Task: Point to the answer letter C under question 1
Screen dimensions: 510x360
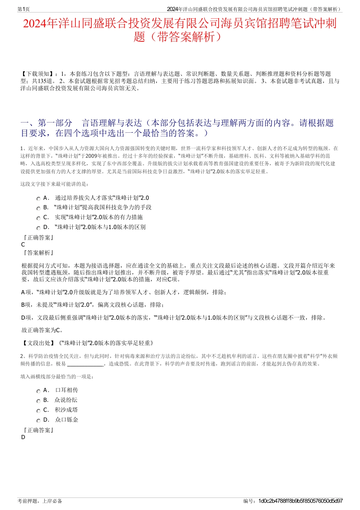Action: click(23, 245)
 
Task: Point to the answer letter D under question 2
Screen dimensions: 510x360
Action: click(23, 437)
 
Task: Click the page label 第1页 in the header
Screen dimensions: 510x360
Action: click(23, 9)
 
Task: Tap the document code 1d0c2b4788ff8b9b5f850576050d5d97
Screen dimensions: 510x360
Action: click(300, 501)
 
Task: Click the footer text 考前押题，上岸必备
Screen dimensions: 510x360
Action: click(40, 501)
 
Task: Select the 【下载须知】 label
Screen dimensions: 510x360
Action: click(38, 74)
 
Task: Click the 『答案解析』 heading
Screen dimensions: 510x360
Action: click(38, 253)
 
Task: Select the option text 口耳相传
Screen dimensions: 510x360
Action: click(67, 390)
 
